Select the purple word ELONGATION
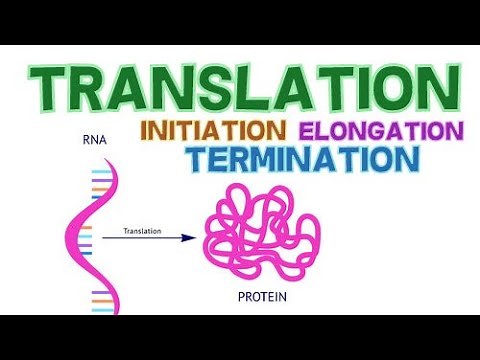tap(381, 131)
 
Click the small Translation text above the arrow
tap(142, 230)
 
